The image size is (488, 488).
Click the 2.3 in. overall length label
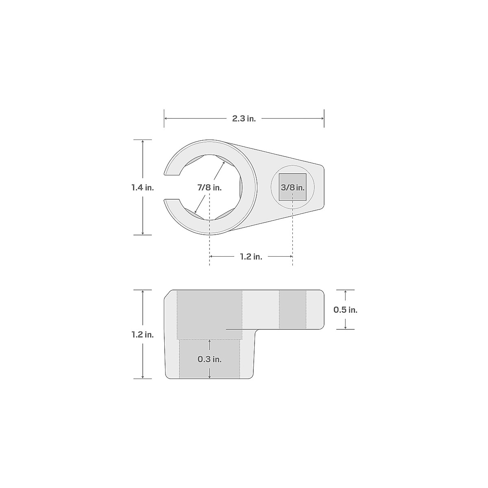244,119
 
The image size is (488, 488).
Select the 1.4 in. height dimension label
142,187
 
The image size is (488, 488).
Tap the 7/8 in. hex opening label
209,187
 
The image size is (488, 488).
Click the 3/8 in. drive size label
292,187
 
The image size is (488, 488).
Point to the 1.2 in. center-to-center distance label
251,257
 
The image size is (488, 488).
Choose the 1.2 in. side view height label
142,335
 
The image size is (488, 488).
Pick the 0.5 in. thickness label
345,310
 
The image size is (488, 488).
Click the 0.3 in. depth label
209,359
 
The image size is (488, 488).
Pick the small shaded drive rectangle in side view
292,309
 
